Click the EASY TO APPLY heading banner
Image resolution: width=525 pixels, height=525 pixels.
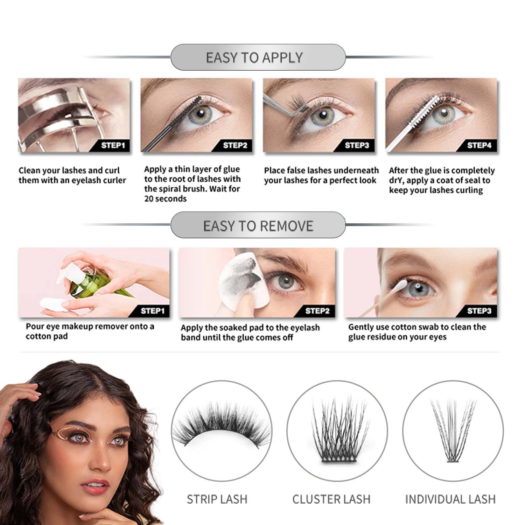[x=258, y=57]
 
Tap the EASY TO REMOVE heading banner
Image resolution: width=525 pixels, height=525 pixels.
[x=258, y=226]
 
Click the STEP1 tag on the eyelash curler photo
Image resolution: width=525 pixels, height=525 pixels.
[x=113, y=145]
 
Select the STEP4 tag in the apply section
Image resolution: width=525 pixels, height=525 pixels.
[x=479, y=145]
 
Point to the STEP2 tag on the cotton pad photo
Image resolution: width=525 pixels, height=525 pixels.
[x=317, y=311]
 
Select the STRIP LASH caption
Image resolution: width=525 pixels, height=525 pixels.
[x=217, y=499]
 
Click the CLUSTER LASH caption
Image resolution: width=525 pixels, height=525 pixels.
[x=331, y=499]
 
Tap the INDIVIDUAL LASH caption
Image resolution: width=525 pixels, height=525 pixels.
[x=450, y=499]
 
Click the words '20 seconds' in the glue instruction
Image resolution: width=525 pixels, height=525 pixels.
[x=165, y=199]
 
